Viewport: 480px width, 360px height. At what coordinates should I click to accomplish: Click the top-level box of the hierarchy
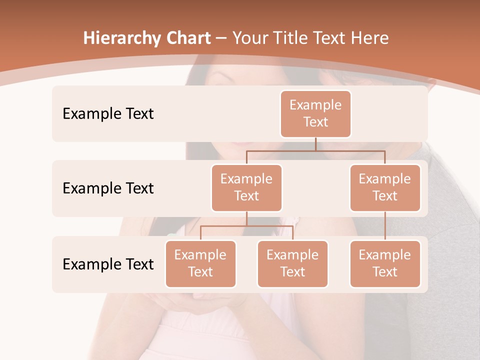[315, 114]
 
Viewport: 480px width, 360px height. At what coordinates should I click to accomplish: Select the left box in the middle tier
[246, 188]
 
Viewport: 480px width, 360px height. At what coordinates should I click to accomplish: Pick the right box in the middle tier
[385, 188]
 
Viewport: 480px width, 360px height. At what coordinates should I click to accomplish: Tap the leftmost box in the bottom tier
[200, 264]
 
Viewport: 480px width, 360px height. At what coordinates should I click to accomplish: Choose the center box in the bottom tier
[292, 264]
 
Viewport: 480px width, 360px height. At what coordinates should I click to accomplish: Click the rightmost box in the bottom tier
[385, 264]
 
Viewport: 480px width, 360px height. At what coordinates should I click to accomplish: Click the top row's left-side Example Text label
[108, 114]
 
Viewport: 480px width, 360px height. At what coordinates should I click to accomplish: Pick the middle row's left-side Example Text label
[108, 188]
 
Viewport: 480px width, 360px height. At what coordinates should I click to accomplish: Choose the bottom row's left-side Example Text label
[108, 264]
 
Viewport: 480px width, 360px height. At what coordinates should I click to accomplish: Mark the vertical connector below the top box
[315, 144]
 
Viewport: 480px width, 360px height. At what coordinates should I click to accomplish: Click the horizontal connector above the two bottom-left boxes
[246, 226]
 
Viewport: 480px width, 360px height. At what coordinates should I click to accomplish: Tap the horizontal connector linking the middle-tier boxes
[315, 150]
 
